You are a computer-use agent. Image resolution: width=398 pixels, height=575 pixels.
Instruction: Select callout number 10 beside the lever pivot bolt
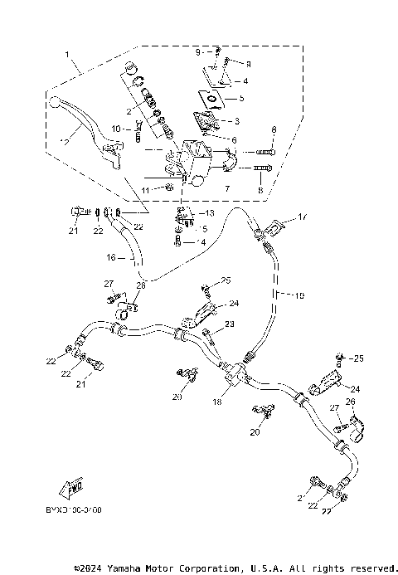[116, 129]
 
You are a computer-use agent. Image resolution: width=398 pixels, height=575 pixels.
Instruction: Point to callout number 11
[144, 190]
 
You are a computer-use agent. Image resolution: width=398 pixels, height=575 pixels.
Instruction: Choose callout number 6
[234, 140]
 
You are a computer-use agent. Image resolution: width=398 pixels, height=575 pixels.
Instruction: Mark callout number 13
[209, 213]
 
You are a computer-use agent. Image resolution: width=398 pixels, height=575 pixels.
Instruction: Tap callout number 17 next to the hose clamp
[302, 218]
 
